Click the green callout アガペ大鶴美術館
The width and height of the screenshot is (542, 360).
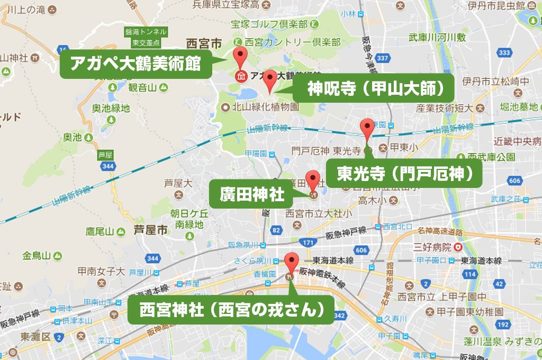click(135, 64)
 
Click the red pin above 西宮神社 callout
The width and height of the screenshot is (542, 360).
click(291, 262)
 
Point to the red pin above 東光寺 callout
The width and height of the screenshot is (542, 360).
click(366, 129)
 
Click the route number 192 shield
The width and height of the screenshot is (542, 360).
click(503, 323)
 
